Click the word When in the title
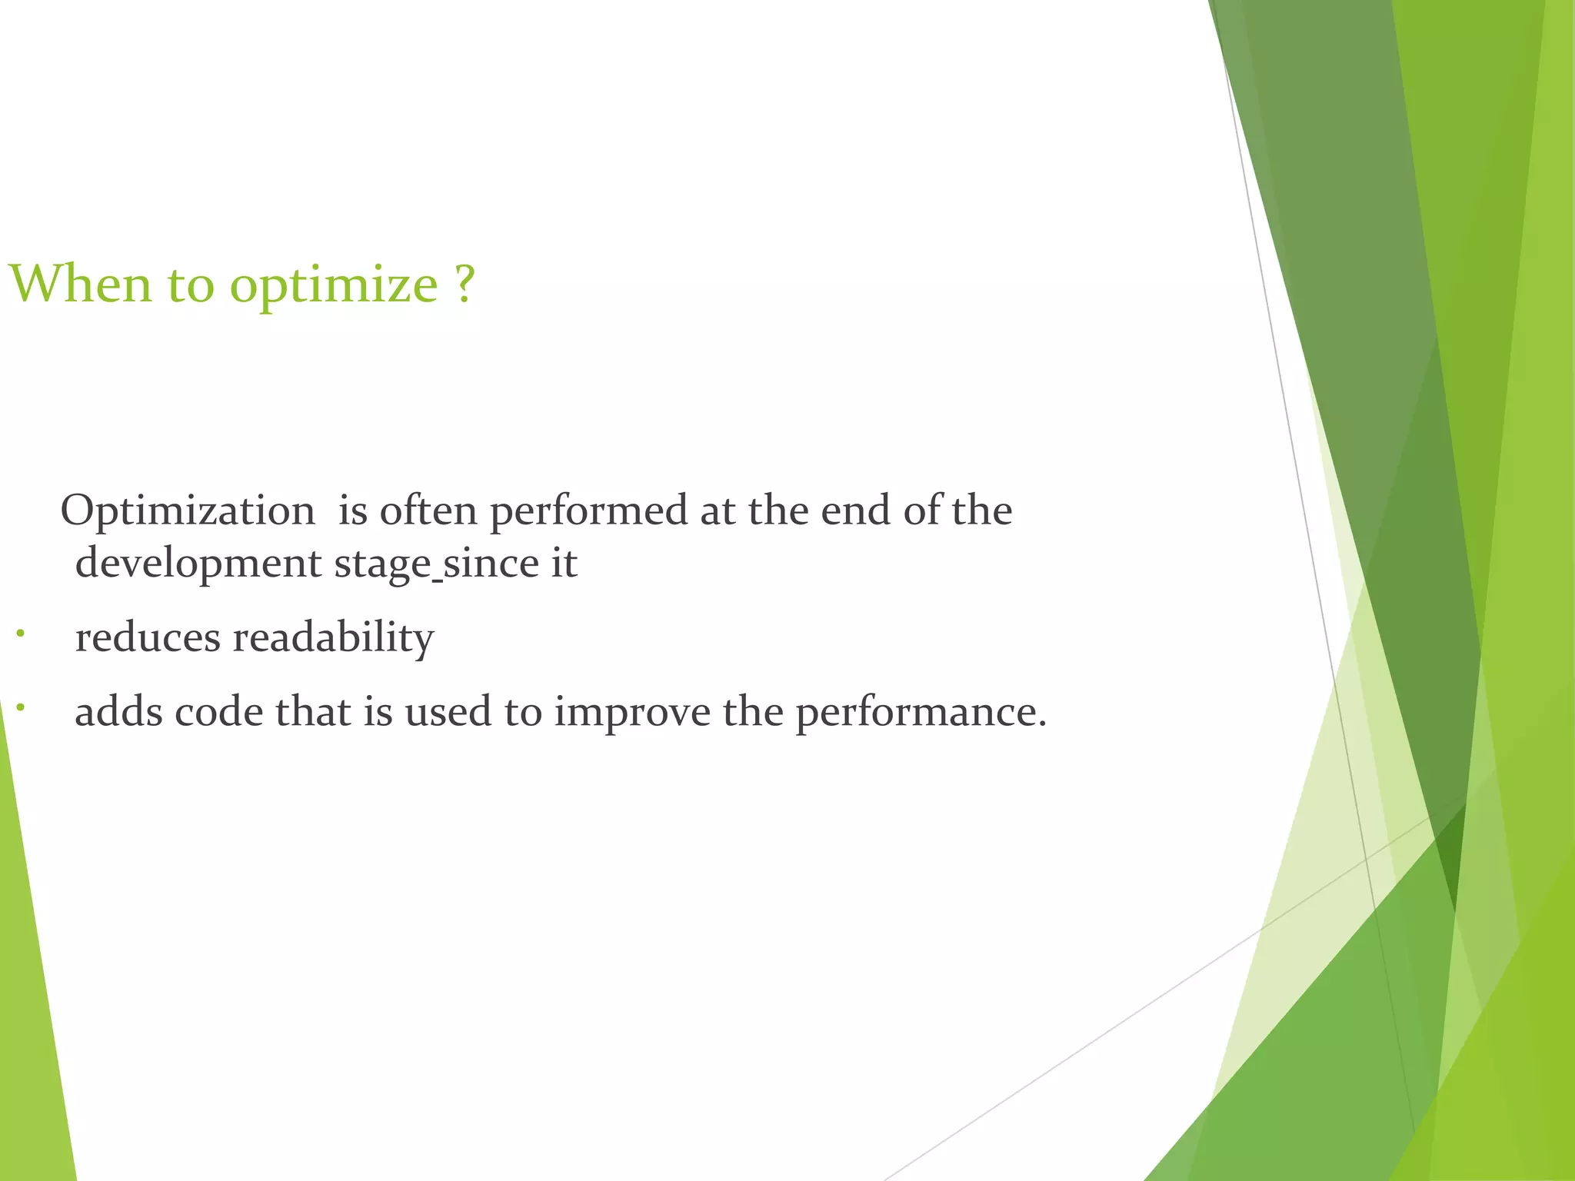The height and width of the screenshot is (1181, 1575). pyautogui.click(x=81, y=284)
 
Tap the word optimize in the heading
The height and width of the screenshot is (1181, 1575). pyautogui.click(x=334, y=286)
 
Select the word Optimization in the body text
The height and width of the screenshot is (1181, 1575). pyautogui.click(x=188, y=511)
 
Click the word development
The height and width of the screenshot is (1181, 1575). pyautogui.click(x=198, y=564)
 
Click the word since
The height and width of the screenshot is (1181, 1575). pyautogui.click(x=491, y=563)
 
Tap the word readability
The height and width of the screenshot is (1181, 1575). pyautogui.click(x=333, y=639)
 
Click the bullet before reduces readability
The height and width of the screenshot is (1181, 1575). pyautogui.click(x=21, y=634)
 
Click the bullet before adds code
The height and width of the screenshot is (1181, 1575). pyautogui.click(x=21, y=707)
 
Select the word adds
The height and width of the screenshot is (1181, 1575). pyautogui.click(x=118, y=711)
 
